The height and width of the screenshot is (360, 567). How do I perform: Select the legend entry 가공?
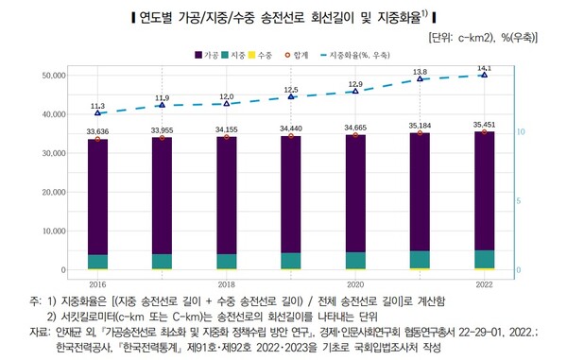pos(208,56)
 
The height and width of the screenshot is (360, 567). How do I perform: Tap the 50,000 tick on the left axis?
pos(48,75)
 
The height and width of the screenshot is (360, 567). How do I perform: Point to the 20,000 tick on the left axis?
pos(48,192)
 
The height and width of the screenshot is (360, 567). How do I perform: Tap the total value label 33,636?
pos(97,130)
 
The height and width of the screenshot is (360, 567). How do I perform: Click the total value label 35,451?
pos(483,124)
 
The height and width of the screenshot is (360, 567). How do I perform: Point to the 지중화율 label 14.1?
pos(484,68)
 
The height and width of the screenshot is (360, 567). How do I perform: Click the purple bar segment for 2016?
pos(97,196)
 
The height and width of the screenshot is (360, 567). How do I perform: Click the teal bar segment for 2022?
pos(483,259)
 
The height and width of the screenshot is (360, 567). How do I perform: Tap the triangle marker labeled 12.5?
pos(290,97)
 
